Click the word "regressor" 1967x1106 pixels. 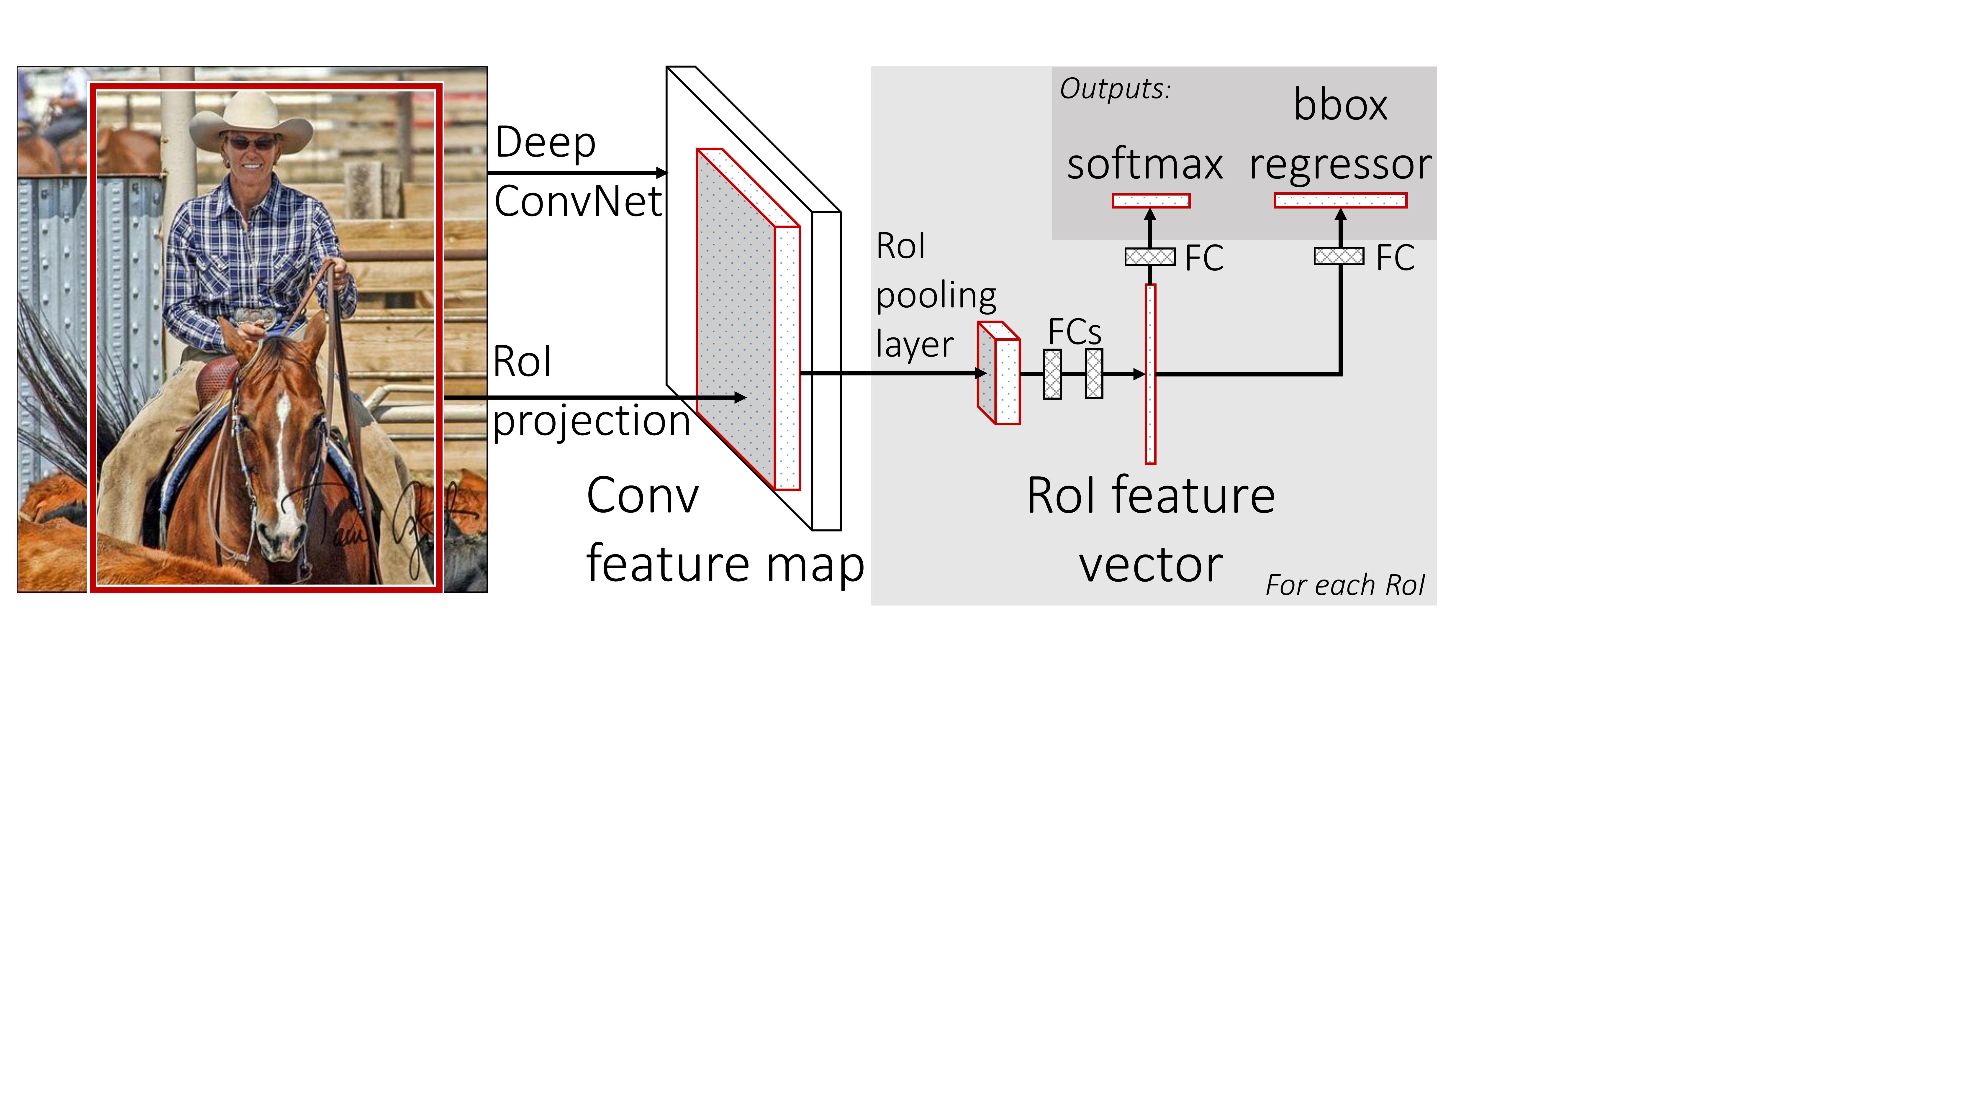click(x=1340, y=165)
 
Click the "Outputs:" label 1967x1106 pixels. click(x=1115, y=89)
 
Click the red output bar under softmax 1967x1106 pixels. click(x=1151, y=201)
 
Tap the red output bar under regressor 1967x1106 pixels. click(x=1340, y=201)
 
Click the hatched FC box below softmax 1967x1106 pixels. click(x=1150, y=257)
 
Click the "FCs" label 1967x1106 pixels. click(x=1074, y=331)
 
